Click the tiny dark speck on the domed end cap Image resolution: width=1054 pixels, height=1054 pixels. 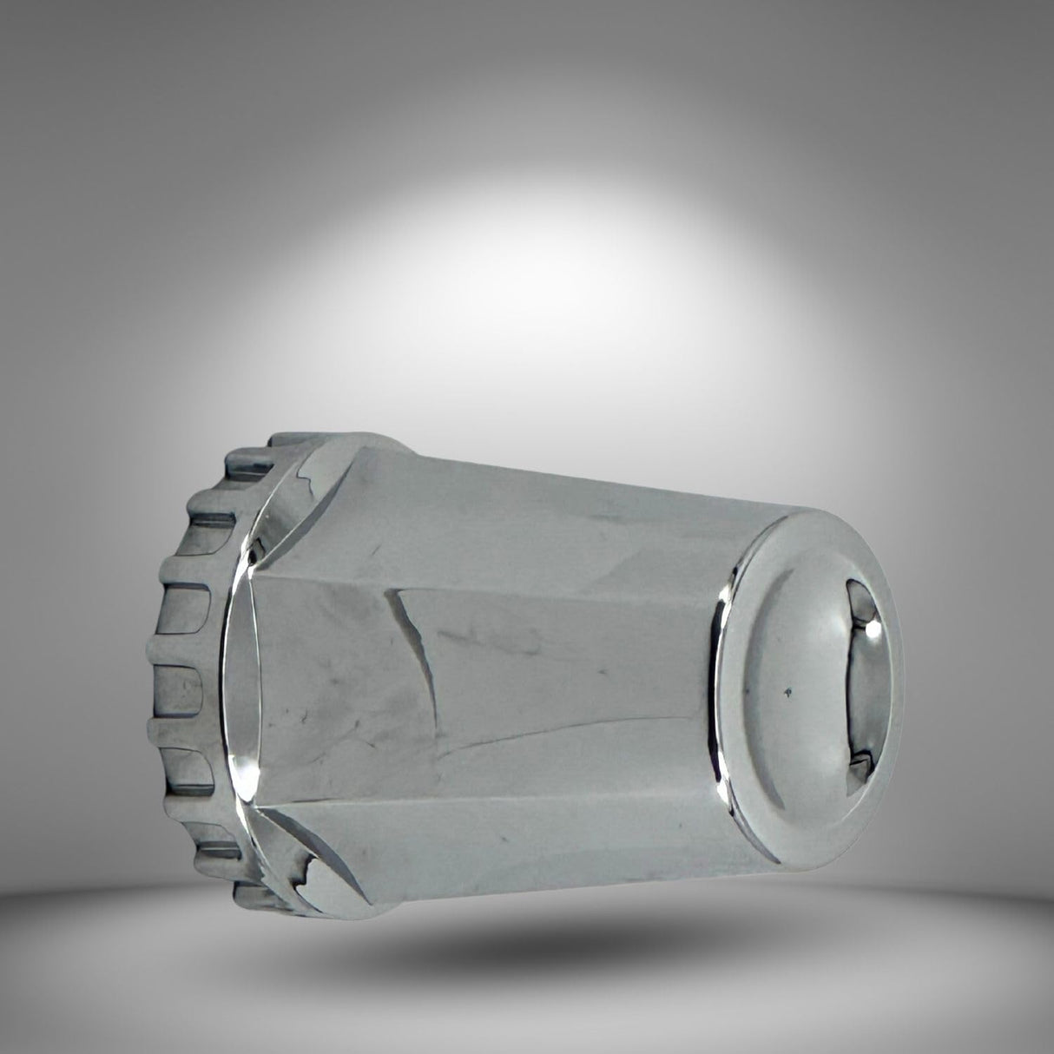[x=787, y=693]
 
